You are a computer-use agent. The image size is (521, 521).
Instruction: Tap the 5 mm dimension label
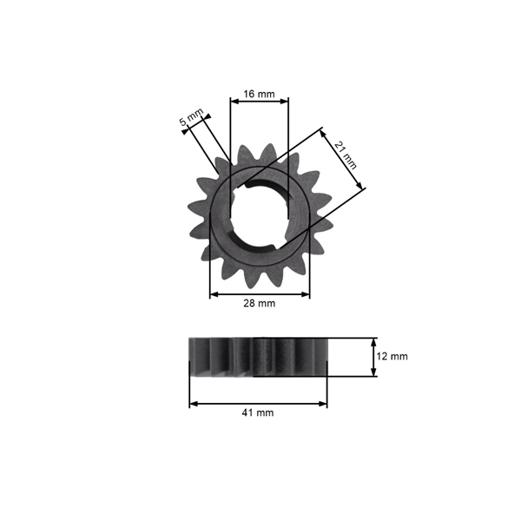[190, 118]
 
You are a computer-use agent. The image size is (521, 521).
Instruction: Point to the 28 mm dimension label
[259, 303]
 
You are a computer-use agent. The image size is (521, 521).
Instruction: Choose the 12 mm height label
[392, 356]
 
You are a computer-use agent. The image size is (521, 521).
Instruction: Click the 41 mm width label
[259, 412]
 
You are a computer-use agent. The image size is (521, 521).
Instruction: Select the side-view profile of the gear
[258, 357]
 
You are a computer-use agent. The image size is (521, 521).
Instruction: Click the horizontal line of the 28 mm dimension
[259, 294]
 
